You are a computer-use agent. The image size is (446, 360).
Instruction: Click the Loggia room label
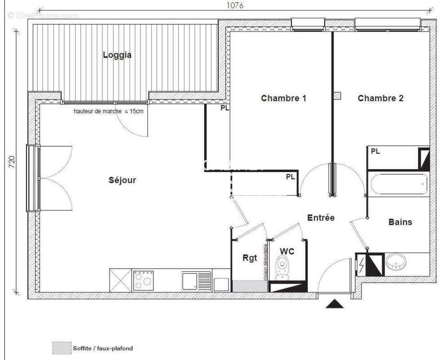click(x=117, y=55)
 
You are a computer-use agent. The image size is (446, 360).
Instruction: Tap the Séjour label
click(x=122, y=180)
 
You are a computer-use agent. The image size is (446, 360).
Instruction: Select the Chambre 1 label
click(x=284, y=98)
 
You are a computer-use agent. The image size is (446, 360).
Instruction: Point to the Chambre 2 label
click(x=380, y=98)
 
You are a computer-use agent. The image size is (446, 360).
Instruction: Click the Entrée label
click(x=321, y=218)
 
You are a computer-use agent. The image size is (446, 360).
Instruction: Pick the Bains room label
click(x=400, y=222)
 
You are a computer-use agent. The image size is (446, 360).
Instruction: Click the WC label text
click(x=287, y=251)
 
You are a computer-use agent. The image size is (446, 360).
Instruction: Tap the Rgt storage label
click(x=250, y=257)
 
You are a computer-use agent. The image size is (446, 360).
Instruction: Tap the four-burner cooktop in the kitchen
click(x=143, y=280)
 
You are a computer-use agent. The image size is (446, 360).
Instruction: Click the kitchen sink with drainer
click(x=196, y=280)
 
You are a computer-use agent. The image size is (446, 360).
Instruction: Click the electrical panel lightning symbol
click(x=361, y=264)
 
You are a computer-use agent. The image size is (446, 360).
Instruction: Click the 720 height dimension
click(x=12, y=162)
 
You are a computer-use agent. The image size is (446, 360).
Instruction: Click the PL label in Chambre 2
click(x=375, y=152)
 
